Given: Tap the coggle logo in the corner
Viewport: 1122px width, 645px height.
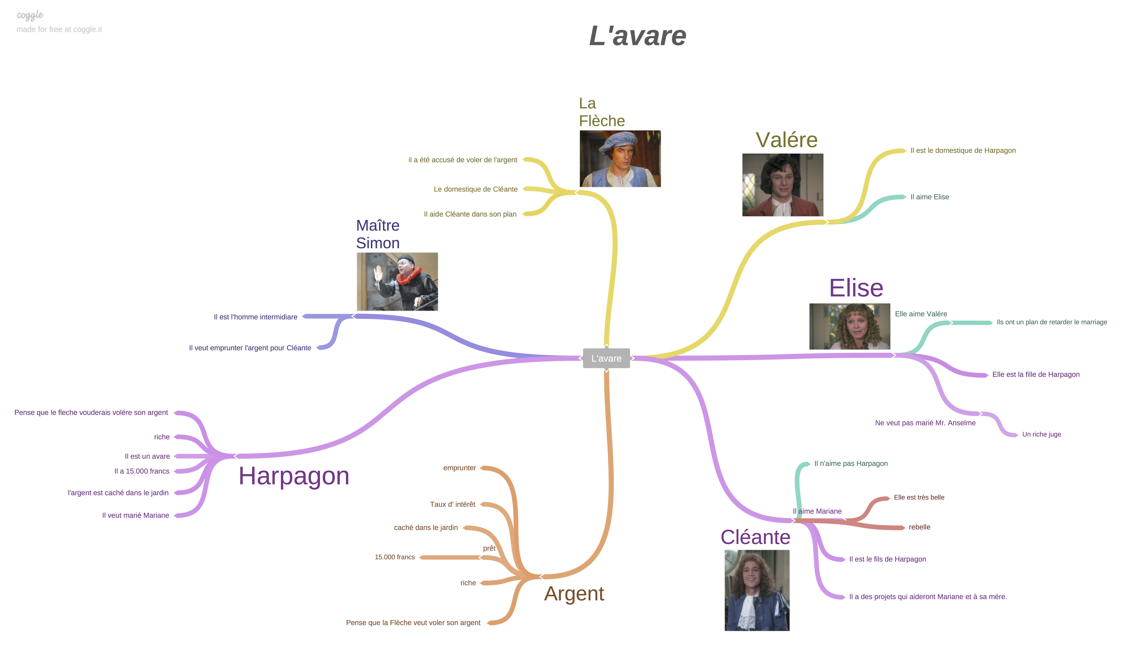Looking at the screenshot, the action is [x=30, y=15].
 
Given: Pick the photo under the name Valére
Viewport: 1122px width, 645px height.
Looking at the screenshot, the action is [x=783, y=185].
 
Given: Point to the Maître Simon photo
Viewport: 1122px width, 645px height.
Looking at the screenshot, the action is [x=397, y=282].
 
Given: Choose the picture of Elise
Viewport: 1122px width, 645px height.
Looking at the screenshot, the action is [x=850, y=327].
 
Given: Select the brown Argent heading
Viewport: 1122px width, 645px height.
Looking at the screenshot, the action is [x=574, y=594].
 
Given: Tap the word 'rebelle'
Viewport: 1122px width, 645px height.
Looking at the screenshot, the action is [x=920, y=527].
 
